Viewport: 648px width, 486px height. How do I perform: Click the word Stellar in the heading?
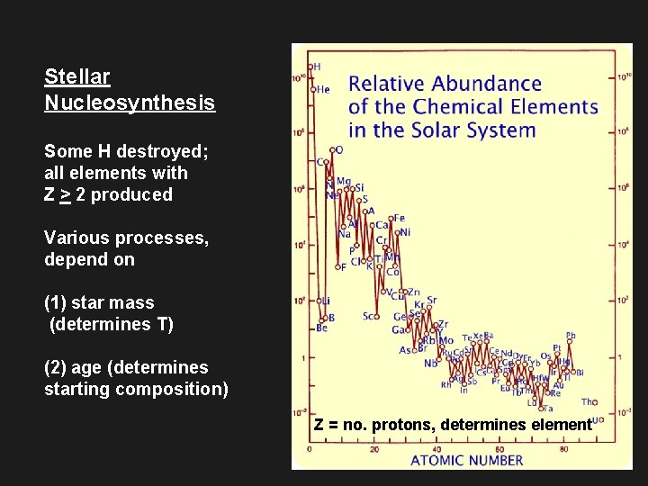click(x=77, y=77)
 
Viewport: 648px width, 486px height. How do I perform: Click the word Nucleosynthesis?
click(x=130, y=103)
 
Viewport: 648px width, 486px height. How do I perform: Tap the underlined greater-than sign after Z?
click(x=64, y=194)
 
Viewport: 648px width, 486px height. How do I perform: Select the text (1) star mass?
click(x=99, y=302)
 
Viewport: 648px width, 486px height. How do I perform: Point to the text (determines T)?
click(x=112, y=324)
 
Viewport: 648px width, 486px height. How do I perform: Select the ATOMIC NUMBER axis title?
click(x=466, y=460)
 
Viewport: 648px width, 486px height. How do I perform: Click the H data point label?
click(x=317, y=67)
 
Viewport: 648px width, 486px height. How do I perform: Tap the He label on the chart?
click(x=322, y=89)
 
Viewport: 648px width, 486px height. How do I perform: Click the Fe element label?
click(x=399, y=218)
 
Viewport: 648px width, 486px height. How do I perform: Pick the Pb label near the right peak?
click(x=571, y=336)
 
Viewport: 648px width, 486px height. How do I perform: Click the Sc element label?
click(x=369, y=316)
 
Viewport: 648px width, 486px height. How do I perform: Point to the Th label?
click(x=587, y=402)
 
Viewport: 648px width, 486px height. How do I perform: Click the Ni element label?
click(x=404, y=232)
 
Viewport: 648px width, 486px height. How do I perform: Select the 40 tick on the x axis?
click(x=436, y=448)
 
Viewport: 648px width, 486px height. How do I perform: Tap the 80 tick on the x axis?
click(x=563, y=448)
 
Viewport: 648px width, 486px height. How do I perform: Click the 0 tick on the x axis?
click(x=310, y=448)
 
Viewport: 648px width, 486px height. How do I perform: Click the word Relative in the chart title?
click(x=385, y=85)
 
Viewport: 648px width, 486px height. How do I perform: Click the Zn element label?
click(x=413, y=292)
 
